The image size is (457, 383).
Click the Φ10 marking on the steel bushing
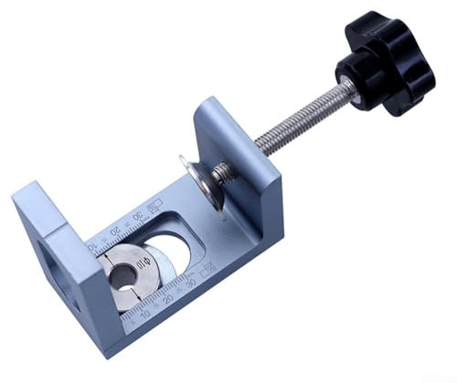pyautogui.click(x=143, y=266)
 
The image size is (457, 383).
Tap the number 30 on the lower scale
pyautogui.click(x=191, y=285)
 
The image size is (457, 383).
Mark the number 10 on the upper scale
pyautogui.click(x=94, y=243)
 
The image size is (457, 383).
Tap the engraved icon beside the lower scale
pyautogui.click(x=207, y=267)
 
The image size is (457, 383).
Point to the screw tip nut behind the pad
pyautogui.click(x=222, y=171)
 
